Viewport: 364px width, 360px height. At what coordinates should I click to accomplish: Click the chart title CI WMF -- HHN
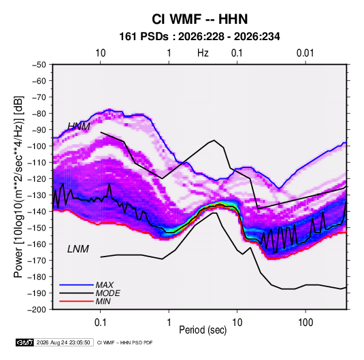point(199,19)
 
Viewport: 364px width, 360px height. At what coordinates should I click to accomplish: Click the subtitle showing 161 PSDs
point(199,37)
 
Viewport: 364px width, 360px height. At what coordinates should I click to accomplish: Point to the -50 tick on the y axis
point(39,65)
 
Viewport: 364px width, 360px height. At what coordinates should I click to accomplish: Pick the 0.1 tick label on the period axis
point(100,323)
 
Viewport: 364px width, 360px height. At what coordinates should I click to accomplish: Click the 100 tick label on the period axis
point(305,323)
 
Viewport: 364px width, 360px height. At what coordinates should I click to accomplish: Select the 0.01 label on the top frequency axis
point(305,53)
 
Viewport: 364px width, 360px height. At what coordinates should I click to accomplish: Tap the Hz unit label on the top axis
point(203,53)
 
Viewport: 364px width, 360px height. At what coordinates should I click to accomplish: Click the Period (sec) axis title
point(203,330)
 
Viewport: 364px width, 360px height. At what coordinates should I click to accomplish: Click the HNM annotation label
point(79,127)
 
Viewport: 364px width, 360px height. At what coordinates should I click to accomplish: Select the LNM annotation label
point(78,249)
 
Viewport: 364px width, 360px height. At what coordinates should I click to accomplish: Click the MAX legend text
point(105,285)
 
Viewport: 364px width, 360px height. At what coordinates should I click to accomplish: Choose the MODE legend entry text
point(107,293)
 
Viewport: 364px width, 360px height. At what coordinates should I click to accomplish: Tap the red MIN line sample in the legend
point(76,301)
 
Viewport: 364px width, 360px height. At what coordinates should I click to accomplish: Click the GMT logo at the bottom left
point(24,342)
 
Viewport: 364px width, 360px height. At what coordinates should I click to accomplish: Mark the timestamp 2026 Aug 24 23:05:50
point(63,342)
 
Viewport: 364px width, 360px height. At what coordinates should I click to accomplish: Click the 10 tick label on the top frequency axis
point(101,53)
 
